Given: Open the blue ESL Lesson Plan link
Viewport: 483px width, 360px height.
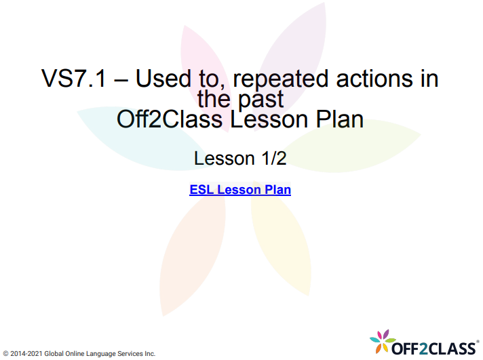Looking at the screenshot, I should (240, 190).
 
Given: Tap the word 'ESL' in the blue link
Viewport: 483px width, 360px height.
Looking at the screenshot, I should (201, 190).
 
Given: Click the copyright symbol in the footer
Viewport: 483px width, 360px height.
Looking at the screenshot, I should (5, 354).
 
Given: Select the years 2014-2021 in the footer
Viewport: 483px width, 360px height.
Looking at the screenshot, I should (26, 354).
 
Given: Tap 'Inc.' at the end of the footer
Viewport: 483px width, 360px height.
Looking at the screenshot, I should (149, 354).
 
